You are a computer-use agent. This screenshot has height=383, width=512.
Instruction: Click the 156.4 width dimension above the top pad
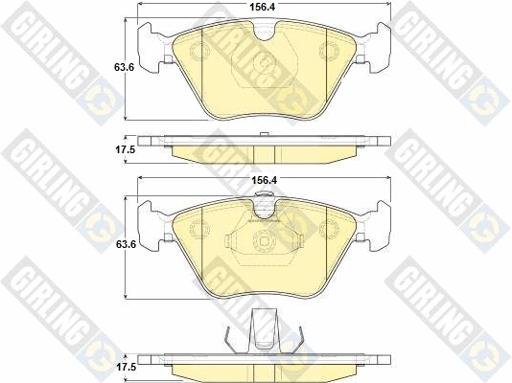(x=263, y=7)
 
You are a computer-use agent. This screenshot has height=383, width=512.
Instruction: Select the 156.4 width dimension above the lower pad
(x=264, y=180)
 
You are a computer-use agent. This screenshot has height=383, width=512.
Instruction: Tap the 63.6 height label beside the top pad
(x=124, y=67)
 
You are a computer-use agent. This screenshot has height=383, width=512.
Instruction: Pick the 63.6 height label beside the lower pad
(x=126, y=244)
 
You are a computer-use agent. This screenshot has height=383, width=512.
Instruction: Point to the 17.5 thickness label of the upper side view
(x=125, y=150)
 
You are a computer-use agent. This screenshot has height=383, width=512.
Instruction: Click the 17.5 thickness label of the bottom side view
(x=126, y=368)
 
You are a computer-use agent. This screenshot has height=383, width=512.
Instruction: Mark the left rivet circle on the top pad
(x=198, y=52)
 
